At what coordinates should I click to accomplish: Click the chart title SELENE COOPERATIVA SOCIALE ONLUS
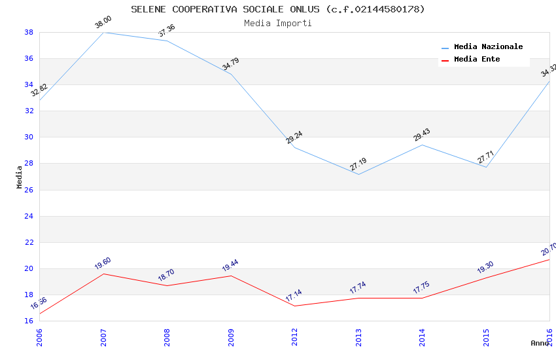click(277, 9)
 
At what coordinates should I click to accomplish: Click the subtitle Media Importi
click(277, 23)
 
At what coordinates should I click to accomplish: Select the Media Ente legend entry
click(477, 60)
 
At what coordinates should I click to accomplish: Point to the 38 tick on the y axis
click(29, 32)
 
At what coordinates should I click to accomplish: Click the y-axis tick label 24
click(29, 216)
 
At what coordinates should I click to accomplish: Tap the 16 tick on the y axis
click(29, 321)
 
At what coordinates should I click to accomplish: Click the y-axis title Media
click(20, 177)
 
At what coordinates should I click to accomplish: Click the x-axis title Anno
click(539, 343)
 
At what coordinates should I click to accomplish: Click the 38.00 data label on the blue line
click(103, 23)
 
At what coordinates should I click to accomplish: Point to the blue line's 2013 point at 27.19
click(358, 174)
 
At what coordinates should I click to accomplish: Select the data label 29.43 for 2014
click(422, 135)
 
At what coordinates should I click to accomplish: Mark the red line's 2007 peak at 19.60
click(103, 274)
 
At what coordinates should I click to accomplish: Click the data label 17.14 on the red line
click(294, 297)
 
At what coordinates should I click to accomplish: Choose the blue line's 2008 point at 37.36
click(167, 41)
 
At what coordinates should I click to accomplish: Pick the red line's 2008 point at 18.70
click(167, 285)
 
